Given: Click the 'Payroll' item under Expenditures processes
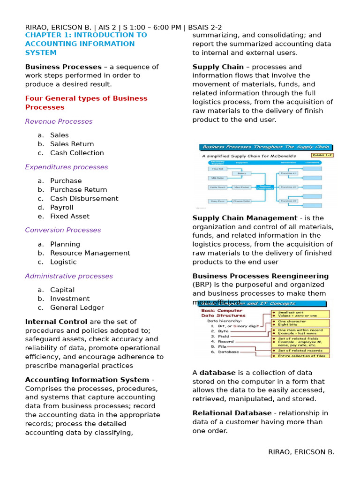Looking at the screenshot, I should click(x=61, y=207).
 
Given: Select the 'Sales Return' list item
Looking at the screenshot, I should click(x=72, y=144).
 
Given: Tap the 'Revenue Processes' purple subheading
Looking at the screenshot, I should click(x=59, y=121).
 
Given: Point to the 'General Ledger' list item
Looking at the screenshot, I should click(x=77, y=307).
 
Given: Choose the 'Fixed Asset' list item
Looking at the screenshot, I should click(x=69, y=216).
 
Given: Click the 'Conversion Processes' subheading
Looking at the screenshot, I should click(x=63, y=230).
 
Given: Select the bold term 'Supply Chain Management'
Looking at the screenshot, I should click(x=245, y=218).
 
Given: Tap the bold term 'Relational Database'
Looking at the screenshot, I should click(x=232, y=413).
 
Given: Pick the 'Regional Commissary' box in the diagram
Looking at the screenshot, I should click(x=265, y=187).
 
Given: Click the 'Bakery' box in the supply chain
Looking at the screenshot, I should click(x=241, y=173).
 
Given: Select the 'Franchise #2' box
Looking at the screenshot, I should click(x=288, y=187).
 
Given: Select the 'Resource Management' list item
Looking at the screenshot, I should click(x=90, y=253).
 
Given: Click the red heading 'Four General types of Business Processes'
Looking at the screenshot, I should click(x=86, y=103).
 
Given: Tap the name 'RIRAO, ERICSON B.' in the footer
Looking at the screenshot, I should click(x=301, y=452).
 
